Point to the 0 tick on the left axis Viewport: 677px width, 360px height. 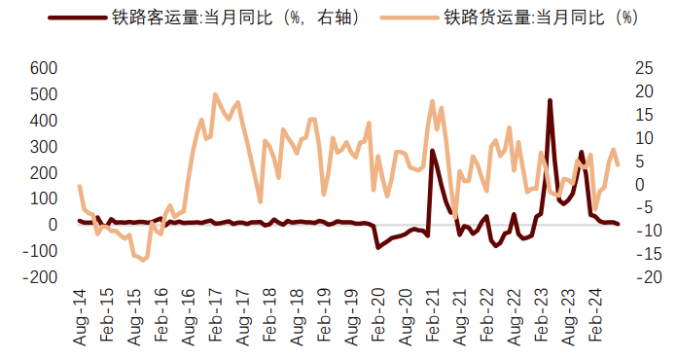(x=53, y=225)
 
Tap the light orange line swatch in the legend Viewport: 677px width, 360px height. (x=405, y=18)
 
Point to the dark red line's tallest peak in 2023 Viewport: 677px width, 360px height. (x=550, y=100)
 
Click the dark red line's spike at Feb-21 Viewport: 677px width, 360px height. (x=432, y=151)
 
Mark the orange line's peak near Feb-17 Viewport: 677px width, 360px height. (x=215, y=94)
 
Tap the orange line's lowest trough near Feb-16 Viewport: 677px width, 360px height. (x=144, y=260)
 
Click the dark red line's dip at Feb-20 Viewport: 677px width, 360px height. (x=378, y=248)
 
